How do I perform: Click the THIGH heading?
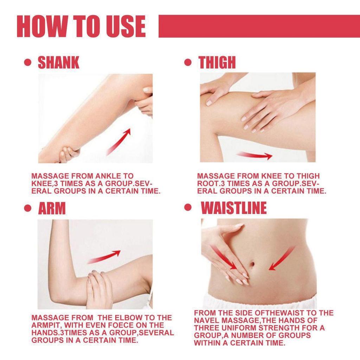(217, 62)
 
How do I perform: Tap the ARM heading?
(52, 208)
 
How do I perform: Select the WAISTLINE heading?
(233, 208)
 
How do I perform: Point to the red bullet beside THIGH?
(188, 63)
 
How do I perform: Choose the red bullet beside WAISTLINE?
(188, 208)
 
